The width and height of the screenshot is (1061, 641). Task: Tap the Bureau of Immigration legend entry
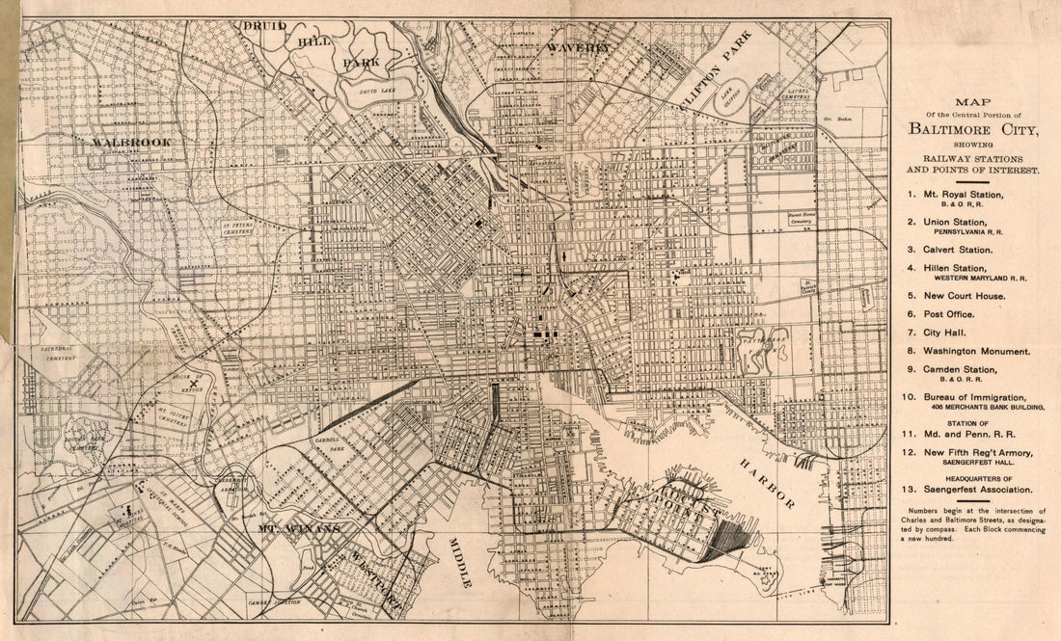pos(974,396)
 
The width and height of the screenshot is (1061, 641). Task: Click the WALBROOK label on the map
pos(131,142)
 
